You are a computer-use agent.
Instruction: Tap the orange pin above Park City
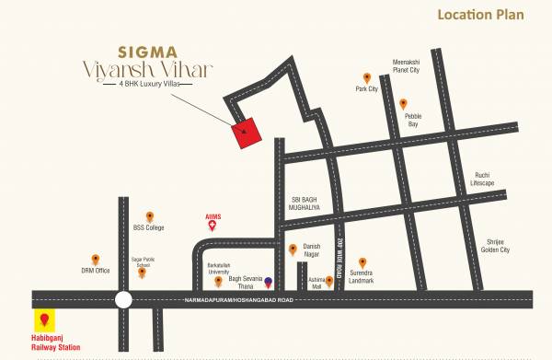[366, 77]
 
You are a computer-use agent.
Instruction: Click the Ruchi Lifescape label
[483, 179]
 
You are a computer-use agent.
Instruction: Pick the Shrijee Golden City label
[498, 246]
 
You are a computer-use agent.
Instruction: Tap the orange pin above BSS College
[151, 214]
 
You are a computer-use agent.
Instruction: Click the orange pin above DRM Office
[95, 260]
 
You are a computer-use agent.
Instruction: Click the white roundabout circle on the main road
[122, 299]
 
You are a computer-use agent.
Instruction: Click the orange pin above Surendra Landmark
[362, 261]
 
